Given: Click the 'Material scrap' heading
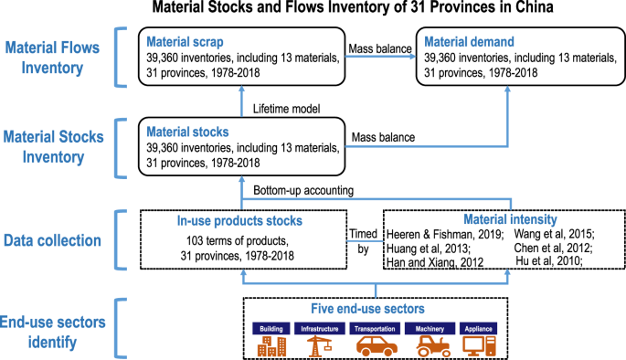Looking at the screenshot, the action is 185,42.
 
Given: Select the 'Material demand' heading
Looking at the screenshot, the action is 469,42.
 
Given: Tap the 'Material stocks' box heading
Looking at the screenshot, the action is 187,132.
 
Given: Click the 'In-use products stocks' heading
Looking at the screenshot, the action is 239,221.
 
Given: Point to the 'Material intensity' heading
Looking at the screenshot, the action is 510,219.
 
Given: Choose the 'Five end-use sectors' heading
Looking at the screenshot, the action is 367,309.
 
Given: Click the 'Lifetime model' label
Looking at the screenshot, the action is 286,109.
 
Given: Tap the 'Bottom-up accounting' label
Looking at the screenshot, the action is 303,190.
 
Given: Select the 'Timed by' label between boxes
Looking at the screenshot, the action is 364,241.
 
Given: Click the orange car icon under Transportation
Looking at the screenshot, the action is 377,345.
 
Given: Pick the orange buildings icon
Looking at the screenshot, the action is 272,346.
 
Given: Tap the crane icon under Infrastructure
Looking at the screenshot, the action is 319,346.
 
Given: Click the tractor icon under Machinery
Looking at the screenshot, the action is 433,346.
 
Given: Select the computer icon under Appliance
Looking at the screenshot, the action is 479,346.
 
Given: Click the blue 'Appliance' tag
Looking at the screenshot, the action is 478,328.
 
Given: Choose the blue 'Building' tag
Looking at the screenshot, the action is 271,328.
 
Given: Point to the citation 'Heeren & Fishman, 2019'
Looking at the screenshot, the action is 445,234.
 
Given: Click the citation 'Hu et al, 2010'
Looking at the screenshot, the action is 549,261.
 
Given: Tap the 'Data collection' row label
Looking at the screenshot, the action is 52,240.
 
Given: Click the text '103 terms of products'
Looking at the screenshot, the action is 237,241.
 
